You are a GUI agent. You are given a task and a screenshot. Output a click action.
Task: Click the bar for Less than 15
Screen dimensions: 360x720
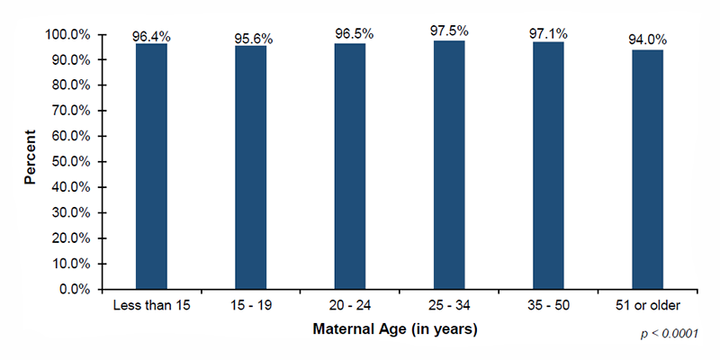click(151, 166)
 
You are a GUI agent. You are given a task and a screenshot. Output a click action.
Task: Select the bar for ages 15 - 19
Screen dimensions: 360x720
click(250, 167)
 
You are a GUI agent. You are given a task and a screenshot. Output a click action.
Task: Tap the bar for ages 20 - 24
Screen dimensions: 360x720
click(350, 166)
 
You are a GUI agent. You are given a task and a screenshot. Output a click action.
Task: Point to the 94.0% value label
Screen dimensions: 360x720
click(647, 40)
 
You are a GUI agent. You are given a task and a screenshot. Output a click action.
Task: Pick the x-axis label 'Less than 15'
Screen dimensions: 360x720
click(151, 305)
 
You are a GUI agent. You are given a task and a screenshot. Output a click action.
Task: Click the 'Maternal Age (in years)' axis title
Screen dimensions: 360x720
click(394, 329)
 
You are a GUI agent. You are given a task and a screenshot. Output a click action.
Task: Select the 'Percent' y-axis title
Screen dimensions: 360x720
click(30, 162)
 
